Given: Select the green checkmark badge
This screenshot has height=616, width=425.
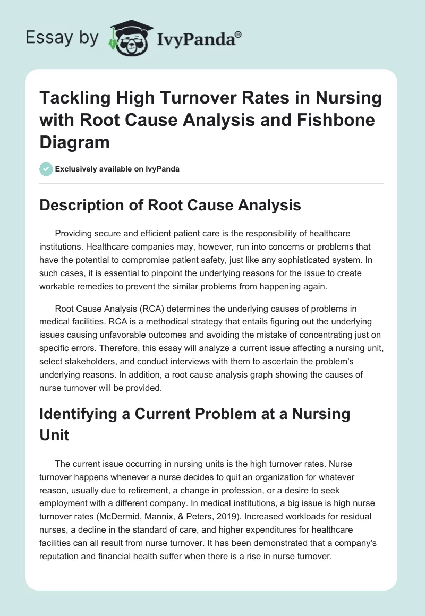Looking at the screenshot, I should tap(46, 169).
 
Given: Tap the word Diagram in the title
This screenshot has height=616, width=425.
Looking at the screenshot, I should tap(75, 142).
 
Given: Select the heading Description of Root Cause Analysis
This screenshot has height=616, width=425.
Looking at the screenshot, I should tap(171, 205).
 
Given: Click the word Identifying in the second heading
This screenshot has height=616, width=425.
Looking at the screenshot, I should tap(82, 414).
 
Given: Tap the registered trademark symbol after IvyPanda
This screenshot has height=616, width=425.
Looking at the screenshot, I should tap(239, 33).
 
